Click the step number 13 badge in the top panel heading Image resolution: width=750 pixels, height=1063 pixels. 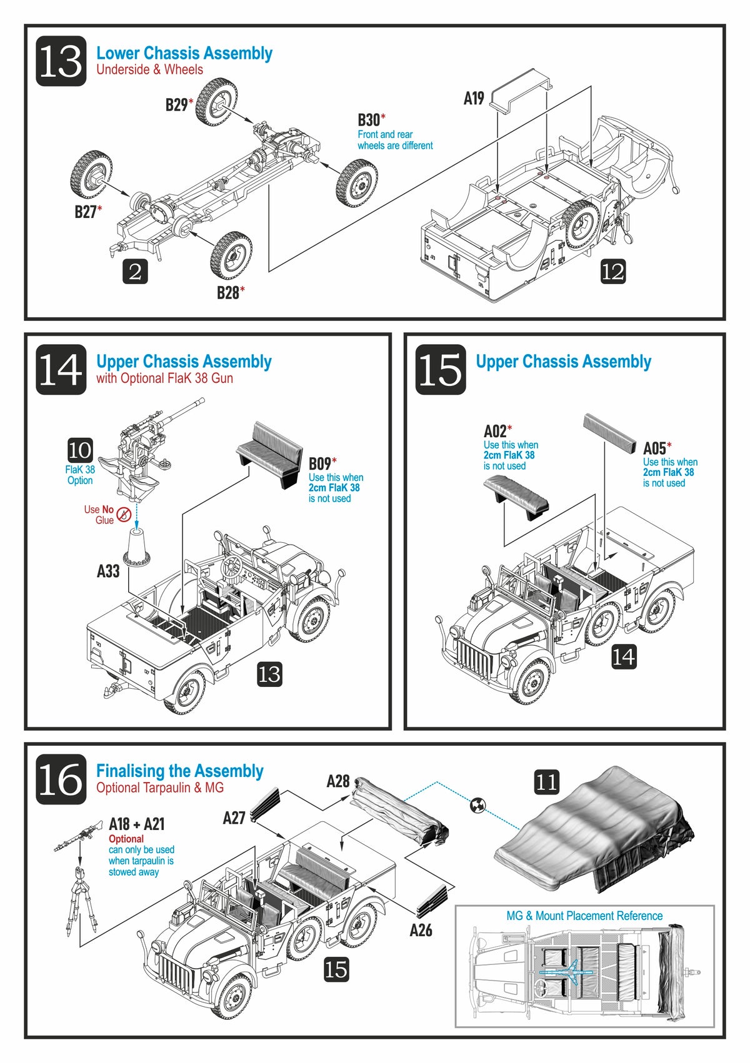(61, 61)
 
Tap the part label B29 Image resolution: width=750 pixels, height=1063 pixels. (177, 104)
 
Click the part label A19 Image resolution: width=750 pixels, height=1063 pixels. (474, 98)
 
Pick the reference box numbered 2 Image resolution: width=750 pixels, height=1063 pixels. (135, 271)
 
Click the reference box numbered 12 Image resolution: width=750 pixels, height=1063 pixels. (612, 271)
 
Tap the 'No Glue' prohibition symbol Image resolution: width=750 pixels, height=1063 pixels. (124, 515)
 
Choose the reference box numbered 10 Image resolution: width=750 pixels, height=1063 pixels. (80, 450)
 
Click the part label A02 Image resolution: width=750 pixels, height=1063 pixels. (495, 431)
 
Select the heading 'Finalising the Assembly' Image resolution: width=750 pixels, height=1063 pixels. (180, 771)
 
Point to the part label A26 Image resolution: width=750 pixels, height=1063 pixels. (421, 930)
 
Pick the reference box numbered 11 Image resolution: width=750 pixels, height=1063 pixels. (546, 781)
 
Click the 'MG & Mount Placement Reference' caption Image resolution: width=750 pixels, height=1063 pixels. (584, 916)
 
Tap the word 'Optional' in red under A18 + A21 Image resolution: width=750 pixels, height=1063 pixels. (126, 839)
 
